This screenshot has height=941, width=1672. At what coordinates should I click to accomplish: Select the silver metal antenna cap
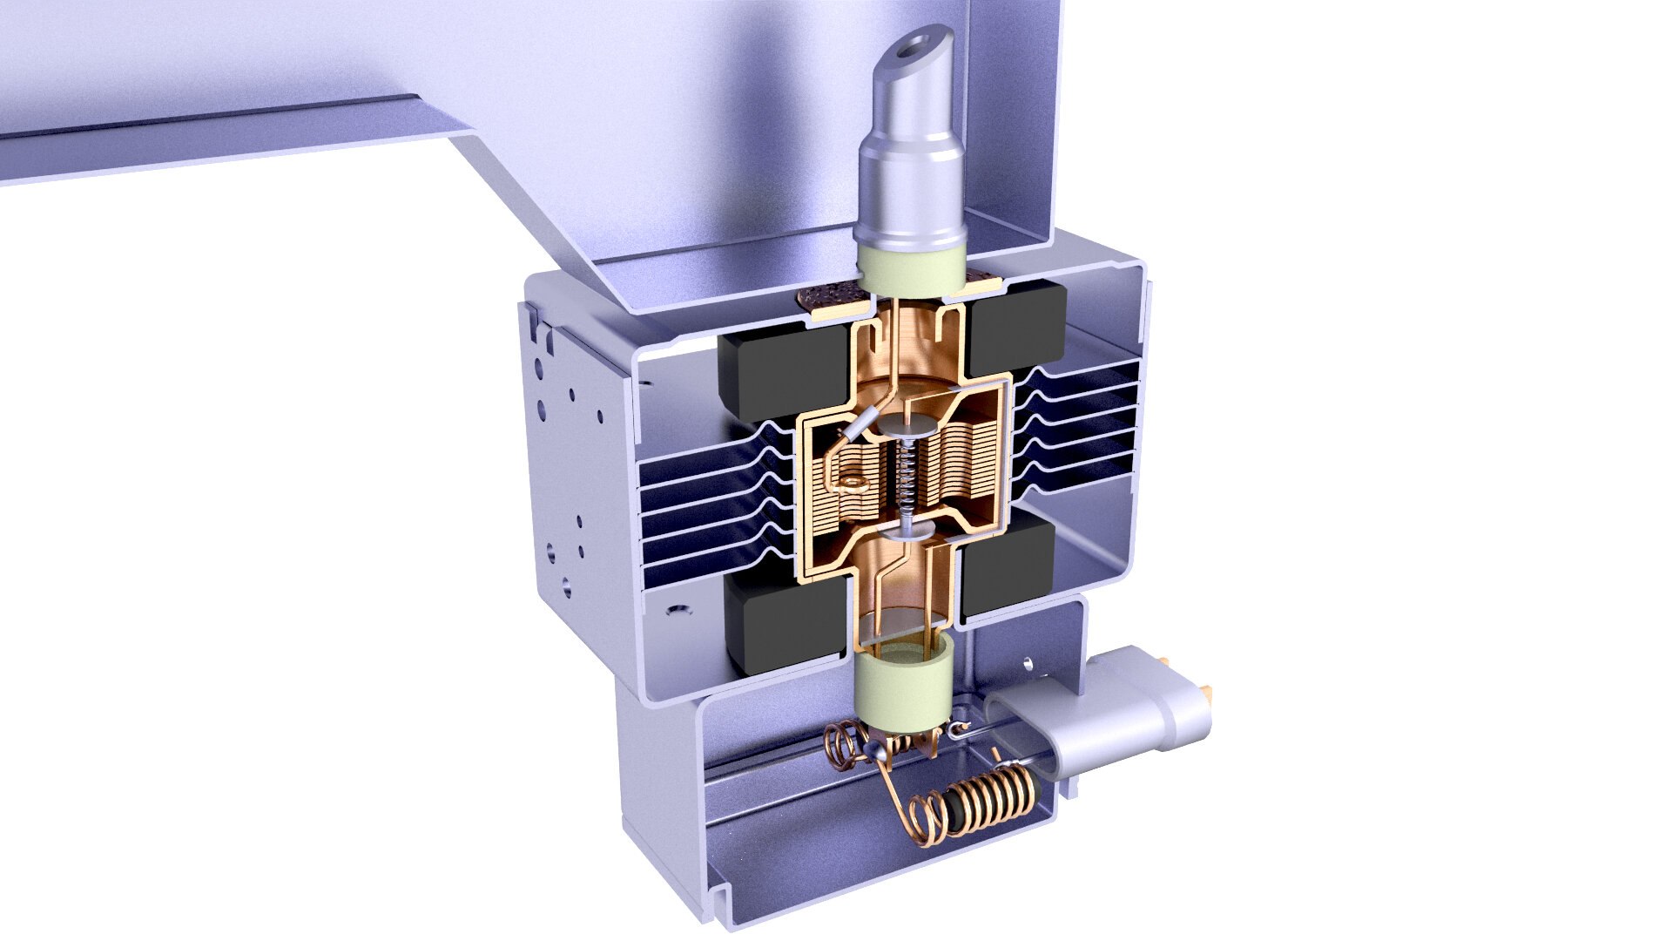pos(910,174)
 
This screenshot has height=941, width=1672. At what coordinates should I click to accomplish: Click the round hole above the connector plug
pos(1030,663)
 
